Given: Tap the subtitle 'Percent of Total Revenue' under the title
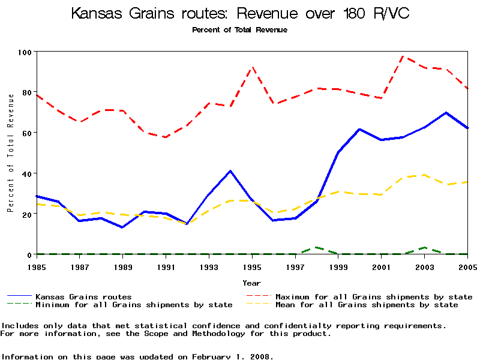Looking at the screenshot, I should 239,29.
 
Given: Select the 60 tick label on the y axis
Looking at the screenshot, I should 26,133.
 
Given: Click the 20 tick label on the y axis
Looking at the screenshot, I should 26,214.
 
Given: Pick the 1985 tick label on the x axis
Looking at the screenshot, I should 37,266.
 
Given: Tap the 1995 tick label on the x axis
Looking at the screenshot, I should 252,266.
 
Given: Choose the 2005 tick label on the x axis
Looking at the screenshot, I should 467,266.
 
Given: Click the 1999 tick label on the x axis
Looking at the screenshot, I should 338,266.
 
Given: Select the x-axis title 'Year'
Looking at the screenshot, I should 252,283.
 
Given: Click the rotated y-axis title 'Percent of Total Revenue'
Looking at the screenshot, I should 10,153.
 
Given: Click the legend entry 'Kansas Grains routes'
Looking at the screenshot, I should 83,296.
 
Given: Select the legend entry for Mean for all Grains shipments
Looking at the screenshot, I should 367,305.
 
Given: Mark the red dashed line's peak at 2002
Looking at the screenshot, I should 403,56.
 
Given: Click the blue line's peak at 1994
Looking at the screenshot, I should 230,171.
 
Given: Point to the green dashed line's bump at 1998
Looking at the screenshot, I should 316,247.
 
